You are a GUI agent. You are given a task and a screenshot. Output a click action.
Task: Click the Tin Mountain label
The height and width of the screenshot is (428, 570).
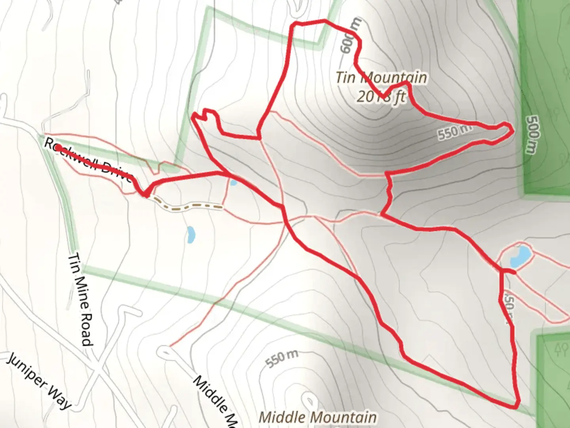[x=382, y=77]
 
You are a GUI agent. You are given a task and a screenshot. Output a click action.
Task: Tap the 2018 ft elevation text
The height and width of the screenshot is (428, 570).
[x=382, y=96]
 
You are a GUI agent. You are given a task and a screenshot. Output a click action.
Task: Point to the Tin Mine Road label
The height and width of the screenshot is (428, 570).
[x=80, y=299]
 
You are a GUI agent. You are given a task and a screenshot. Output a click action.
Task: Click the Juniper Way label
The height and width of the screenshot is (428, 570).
[x=40, y=381]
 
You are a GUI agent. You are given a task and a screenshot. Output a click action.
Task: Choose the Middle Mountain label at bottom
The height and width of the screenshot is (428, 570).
[x=317, y=417]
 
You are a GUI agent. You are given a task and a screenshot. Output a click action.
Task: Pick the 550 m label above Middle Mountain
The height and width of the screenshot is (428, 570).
[x=281, y=359]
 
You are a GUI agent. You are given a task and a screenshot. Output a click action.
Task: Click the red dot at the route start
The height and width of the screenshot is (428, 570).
[x=57, y=147]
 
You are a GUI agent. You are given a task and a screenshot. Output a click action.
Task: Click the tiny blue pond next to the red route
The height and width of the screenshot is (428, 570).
[x=234, y=183]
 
